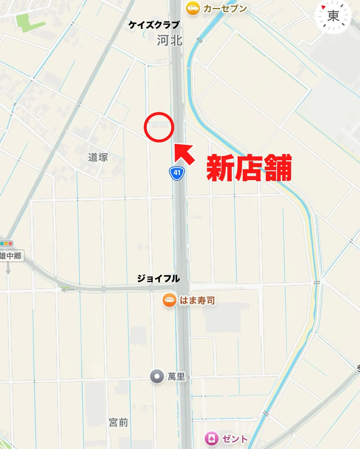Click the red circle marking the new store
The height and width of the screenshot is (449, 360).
(159, 127)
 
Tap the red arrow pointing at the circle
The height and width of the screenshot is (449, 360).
(184, 154)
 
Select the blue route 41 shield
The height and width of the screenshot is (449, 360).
(177, 173)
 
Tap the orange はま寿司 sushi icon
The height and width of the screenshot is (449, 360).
(169, 300)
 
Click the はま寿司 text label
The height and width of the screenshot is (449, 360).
(197, 300)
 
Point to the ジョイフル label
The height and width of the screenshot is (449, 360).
(158, 278)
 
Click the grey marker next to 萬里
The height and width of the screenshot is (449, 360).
(157, 376)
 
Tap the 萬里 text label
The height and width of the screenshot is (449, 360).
(176, 376)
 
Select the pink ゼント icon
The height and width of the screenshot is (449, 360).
(211, 439)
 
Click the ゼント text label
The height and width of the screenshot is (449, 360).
(235, 439)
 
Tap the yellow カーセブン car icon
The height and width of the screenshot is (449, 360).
(193, 8)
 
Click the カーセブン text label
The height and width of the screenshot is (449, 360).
(225, 9)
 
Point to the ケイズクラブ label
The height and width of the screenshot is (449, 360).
(154, 25)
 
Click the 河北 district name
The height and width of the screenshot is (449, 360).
(170, 40)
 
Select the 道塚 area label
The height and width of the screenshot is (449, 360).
(98, 157)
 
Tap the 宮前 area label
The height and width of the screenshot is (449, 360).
(118, 422)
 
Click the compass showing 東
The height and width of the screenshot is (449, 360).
(333, 16)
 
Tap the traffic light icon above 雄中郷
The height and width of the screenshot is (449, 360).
(6, 243)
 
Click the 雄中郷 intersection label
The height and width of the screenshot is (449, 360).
(11, 256)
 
